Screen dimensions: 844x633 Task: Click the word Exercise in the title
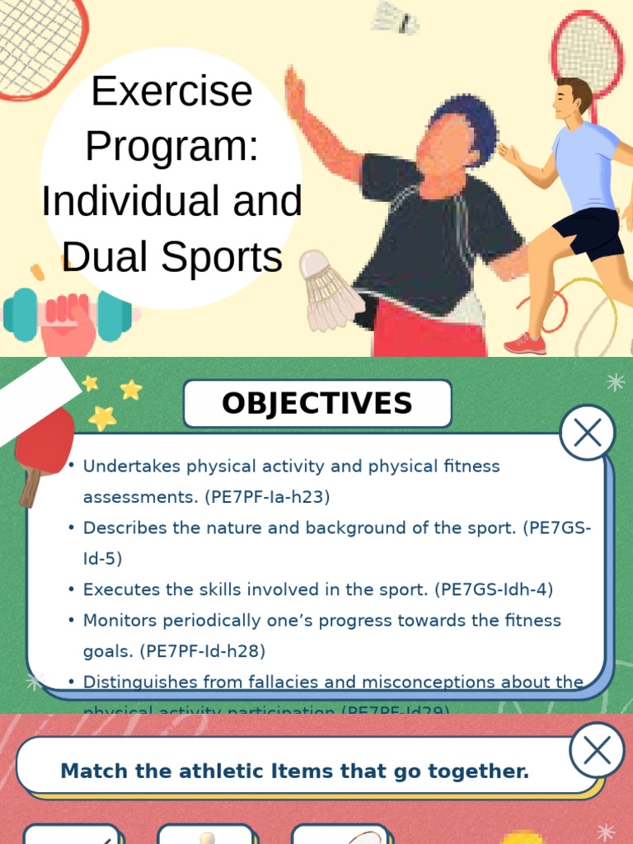click(x=171, y=91)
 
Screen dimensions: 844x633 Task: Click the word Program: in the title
click(x=171, y=147)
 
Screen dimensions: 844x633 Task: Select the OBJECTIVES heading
click(x=317, y=404)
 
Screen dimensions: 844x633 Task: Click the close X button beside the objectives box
click(x=587, y=433)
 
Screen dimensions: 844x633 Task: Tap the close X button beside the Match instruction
click(x=596, y=750)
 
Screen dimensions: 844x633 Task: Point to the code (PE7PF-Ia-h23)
click(x=264, y=497)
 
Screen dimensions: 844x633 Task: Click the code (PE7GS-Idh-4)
click(x=497, y=589)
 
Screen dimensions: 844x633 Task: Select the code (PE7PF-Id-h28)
click(x=203, y=651)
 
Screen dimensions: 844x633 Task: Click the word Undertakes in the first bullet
click(x=132, y=467)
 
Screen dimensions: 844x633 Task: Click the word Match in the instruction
click(x=91, y=771)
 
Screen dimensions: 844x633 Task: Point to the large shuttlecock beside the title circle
click(x=328, y=293)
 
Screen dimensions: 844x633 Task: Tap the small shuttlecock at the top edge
click(x=395, y=17)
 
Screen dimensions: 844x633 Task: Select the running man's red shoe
click(x=525, y=344)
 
